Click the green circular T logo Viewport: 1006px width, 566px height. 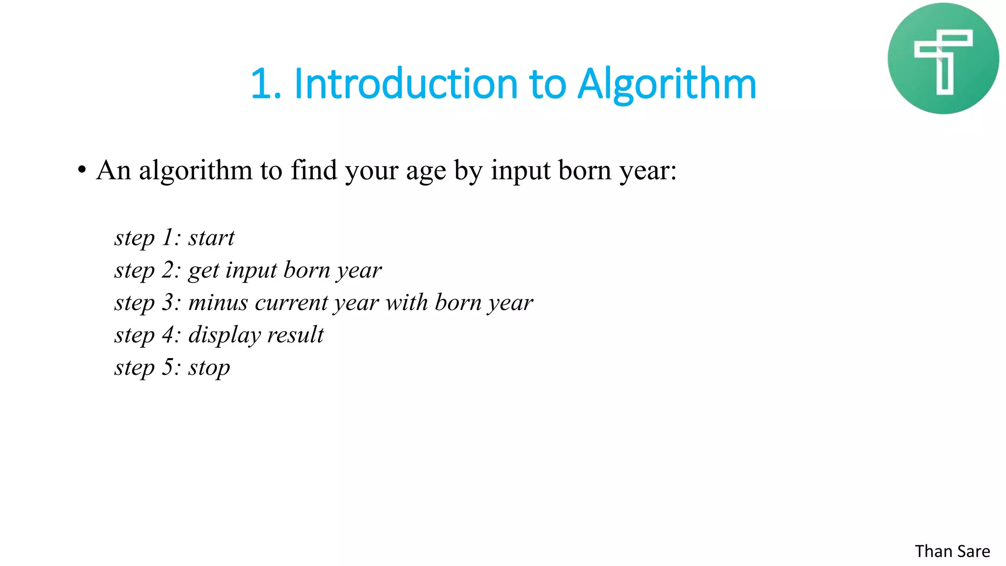(x=943, y=58)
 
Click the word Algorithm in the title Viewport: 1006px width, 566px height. (x=667, y=84)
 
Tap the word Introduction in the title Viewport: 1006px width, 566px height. (x=406, y=84)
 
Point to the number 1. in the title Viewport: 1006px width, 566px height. (x=266, y=84)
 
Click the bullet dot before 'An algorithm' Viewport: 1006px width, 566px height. (x=82, y=170)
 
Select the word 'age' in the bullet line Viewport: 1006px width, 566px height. (x=426, y=172)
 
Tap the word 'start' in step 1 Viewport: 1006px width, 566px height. (x=211, y=238)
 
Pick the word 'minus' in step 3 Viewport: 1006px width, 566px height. (x=218, y=302)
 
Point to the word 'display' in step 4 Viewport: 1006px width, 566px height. (x=224, y=336)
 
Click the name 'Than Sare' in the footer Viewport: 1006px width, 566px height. (x=952, y=551)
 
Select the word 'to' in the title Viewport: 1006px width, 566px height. (x=547, y=84)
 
